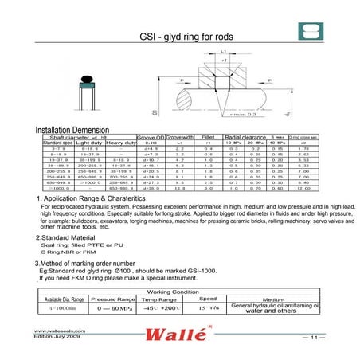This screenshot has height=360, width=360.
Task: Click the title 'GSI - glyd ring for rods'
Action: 180,35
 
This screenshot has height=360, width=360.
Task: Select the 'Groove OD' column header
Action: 151,137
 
